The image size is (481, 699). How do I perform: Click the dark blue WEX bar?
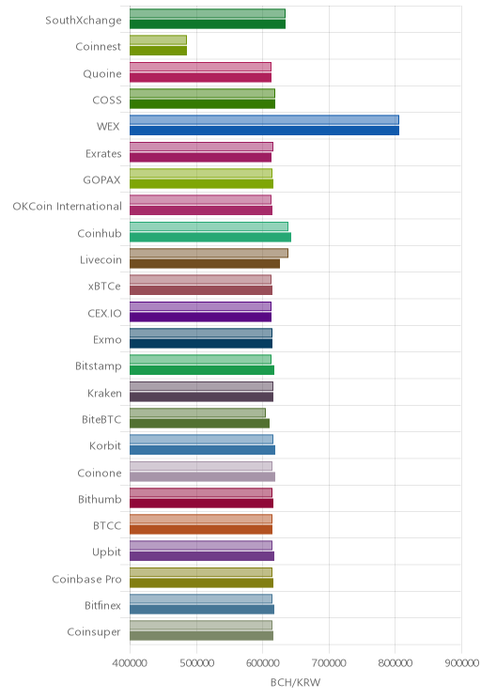click(x=264, y=131)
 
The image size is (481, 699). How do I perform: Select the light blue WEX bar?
click(x=264, y=119)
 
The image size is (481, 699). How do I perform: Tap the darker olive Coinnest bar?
click(x=158, y=51)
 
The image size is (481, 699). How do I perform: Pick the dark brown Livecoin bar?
click(x=205, y=264)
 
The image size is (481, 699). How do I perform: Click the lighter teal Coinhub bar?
click(x=209, y=226)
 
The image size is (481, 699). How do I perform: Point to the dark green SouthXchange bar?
click(x=208, y=24)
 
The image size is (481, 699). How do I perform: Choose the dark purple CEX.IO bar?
click(x=201, y=317)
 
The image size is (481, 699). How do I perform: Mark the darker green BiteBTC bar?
click(x=200, y=424)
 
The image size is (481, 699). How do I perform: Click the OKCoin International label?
click(x=67, y=207)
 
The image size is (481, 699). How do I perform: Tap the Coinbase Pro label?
click(x=86, y=579)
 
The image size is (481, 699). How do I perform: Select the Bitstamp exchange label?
click(x=98, y=366)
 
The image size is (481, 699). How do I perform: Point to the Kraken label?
click(x=104, y=393)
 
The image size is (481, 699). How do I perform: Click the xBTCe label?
click(x=104, y=287)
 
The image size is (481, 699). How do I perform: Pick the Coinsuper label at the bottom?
click(x=94, y=632)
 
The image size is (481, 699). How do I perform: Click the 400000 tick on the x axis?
click(x=130, y=663)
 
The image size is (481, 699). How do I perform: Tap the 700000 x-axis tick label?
click(x=329, y=663)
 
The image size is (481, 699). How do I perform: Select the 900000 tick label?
click(x=462, y=663)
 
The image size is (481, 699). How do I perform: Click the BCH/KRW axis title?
click(x=296, y=682)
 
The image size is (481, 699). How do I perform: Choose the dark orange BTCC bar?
click(x=201, y=530)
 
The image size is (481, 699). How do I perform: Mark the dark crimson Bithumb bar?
click(x=201, y=504)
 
